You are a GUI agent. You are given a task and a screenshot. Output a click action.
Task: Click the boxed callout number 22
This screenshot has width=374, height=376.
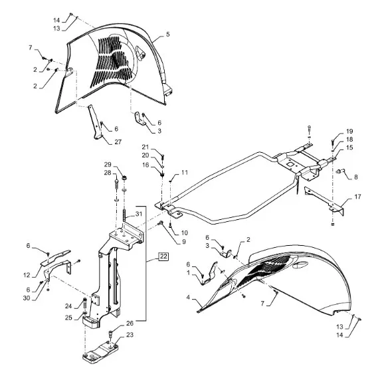pyautogui.click(x=163, y=256)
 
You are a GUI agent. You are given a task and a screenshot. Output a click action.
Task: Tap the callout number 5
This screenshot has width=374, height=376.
pyautogui.click(x=168, y=35)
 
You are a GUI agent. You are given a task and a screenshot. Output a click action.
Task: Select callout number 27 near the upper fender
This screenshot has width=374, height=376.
pyautogui.click(x=118, y=141)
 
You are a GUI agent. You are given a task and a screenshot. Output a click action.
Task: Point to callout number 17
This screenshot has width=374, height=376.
pyautogui.click(x=357, y=197)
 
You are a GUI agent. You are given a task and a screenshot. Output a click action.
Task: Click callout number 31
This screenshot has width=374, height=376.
pyautogui.click(x=139, y=214)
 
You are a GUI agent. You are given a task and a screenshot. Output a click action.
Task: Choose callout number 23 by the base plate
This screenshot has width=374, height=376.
pyautogui.click(x=130, y=335)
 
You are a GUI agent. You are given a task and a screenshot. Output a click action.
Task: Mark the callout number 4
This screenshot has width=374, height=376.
pyautogui.click(x=188, y=298)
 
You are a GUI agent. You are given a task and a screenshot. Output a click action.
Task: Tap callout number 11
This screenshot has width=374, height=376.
pyautogui.click(x=185, y=173)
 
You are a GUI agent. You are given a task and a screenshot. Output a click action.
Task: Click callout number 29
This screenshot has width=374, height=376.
pyautogui.click(x=108, y=165)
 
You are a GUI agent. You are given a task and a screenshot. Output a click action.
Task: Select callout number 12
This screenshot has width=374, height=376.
pyautogui.click(x=27, y=275)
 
